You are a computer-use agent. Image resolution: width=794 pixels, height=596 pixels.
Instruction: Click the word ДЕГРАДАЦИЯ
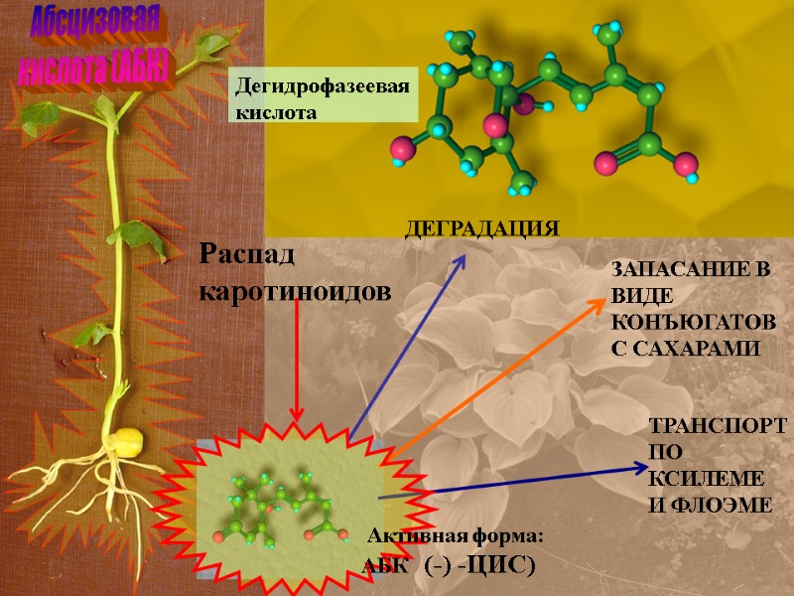pos(481,228)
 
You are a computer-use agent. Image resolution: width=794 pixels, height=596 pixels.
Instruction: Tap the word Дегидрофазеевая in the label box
pos(321,88)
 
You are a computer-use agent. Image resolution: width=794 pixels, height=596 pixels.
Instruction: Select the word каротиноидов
pos(296,290)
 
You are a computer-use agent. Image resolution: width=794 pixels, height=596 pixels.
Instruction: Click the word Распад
pos(248,255)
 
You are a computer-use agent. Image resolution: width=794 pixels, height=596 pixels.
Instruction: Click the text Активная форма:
pos(456,537)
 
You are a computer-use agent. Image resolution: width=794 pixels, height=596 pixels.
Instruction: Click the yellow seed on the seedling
pos(130,441)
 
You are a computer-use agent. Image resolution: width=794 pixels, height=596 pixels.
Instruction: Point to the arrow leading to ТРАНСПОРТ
pos(516,484)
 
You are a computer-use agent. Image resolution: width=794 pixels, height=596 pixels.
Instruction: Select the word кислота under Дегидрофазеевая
pos(275,112)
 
